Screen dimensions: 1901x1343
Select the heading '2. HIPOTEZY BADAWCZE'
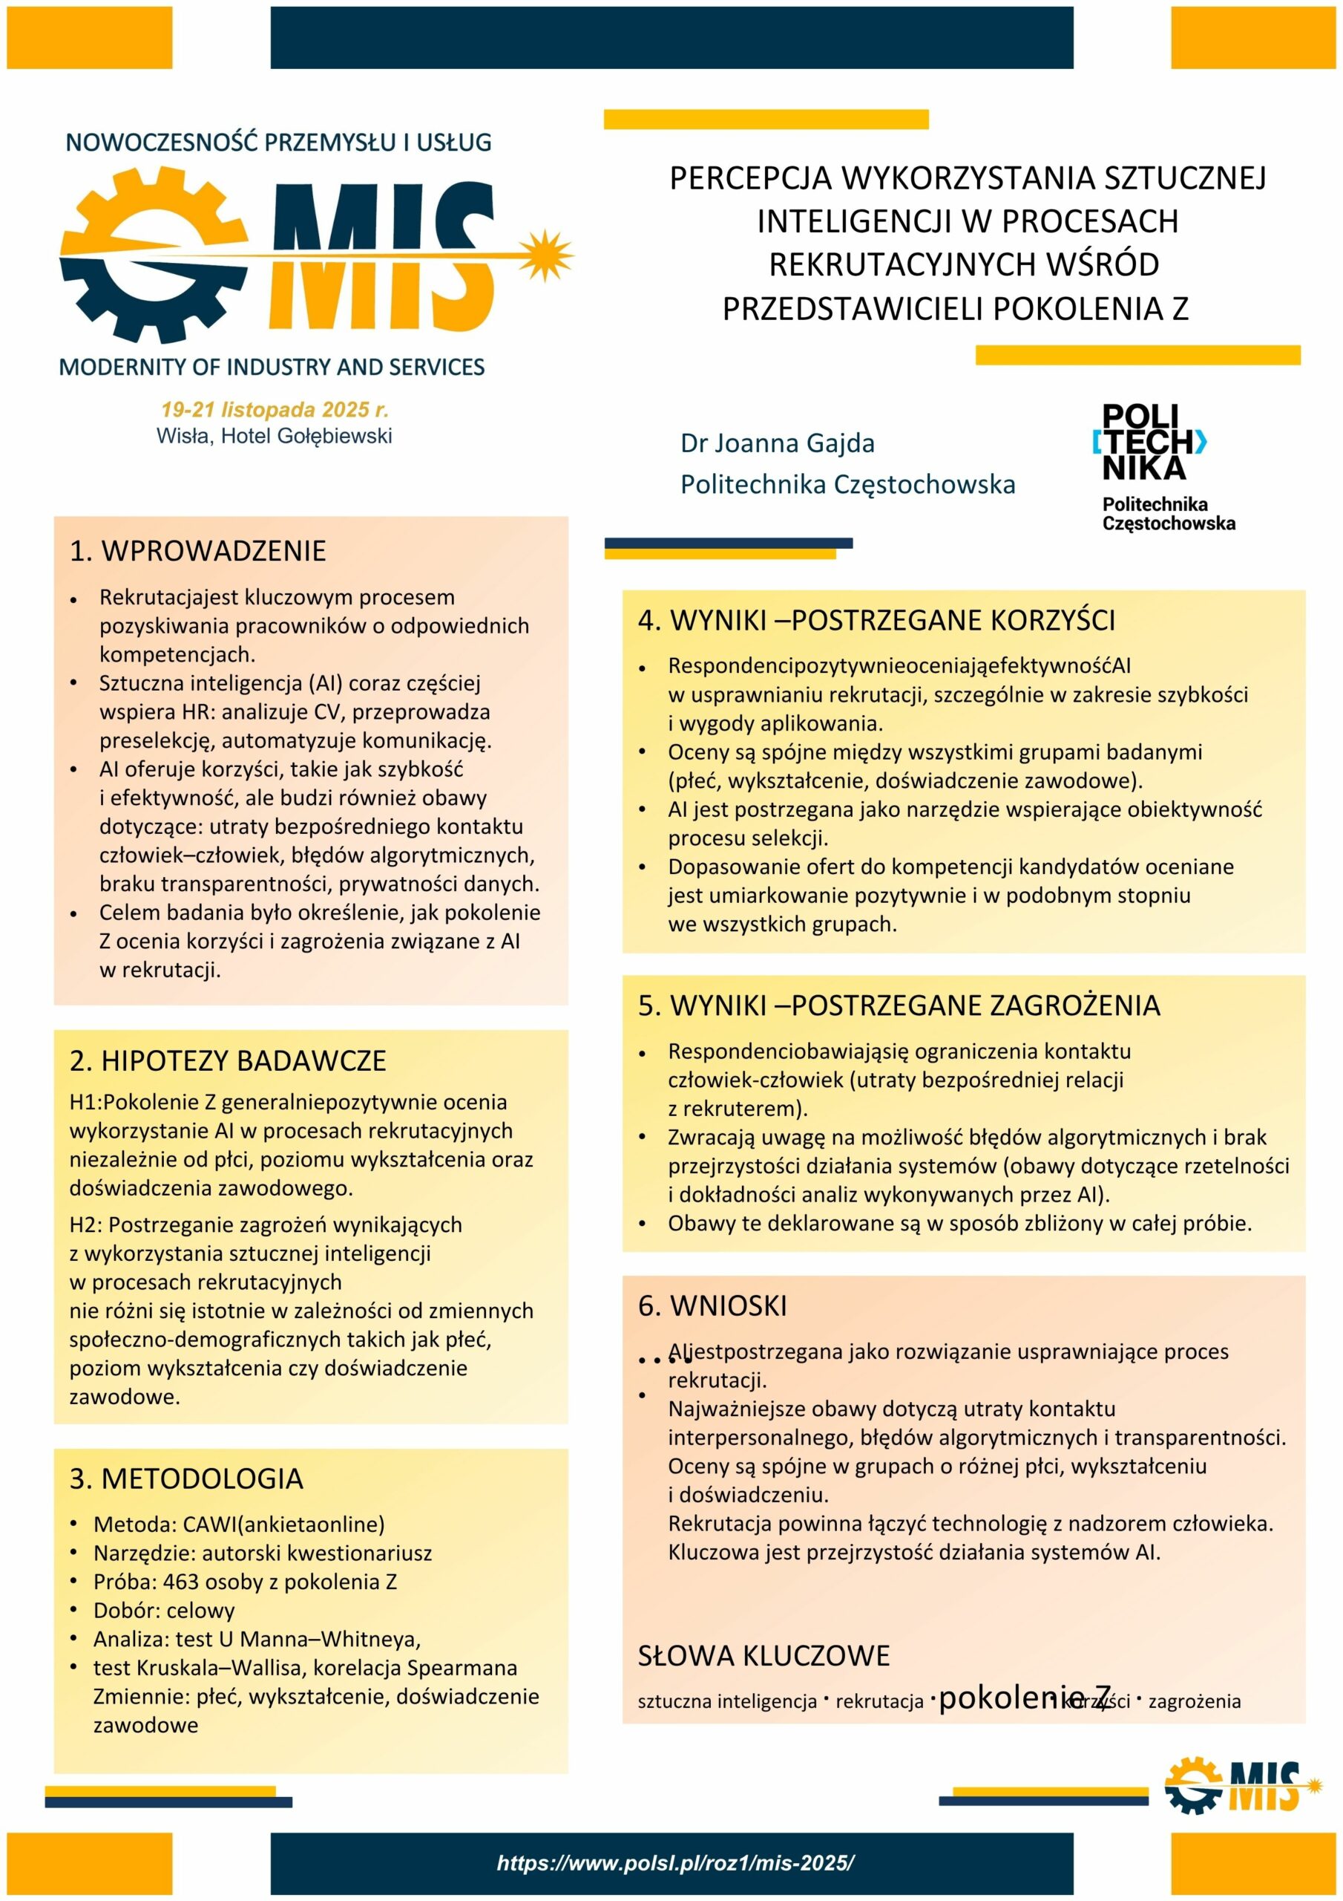[228, 1061]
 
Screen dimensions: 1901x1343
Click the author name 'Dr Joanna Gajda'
[777, 444]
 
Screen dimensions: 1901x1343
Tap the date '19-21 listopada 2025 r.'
[275, 410]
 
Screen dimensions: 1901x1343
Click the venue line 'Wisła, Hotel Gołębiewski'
[274, 437]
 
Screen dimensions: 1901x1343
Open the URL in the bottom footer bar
[675, 1864]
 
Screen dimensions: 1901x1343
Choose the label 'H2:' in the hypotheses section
[86, 1225]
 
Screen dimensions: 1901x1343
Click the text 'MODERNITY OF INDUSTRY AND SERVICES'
[272, 367]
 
